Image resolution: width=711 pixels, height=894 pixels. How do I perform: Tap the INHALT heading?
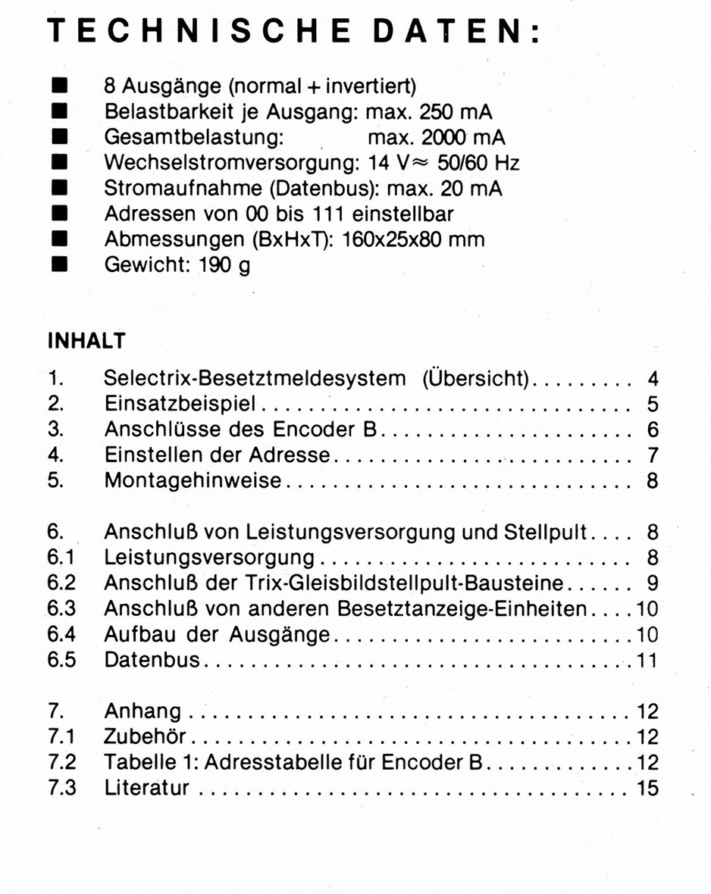pos(86,341)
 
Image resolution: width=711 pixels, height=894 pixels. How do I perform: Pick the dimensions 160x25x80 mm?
pos(414,239)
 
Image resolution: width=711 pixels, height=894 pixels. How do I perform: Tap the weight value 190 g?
pos(224,265)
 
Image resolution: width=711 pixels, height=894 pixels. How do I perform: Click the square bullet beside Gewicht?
pos(59,264)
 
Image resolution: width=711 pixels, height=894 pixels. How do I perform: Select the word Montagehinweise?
pos(193,480)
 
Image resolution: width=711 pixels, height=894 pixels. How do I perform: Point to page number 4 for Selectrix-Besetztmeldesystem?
pos(652,378)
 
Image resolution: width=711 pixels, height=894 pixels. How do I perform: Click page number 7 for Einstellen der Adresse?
pos(652,455)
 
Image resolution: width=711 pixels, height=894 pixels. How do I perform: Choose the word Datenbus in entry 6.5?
pos(152,659)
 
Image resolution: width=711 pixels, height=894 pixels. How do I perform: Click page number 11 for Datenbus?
pos(647,660)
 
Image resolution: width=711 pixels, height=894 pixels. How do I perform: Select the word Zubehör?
pos(145,736)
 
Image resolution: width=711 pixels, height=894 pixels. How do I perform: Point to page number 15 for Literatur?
pos(647,788)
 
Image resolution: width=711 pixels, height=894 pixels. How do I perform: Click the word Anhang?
pos(143,711)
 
